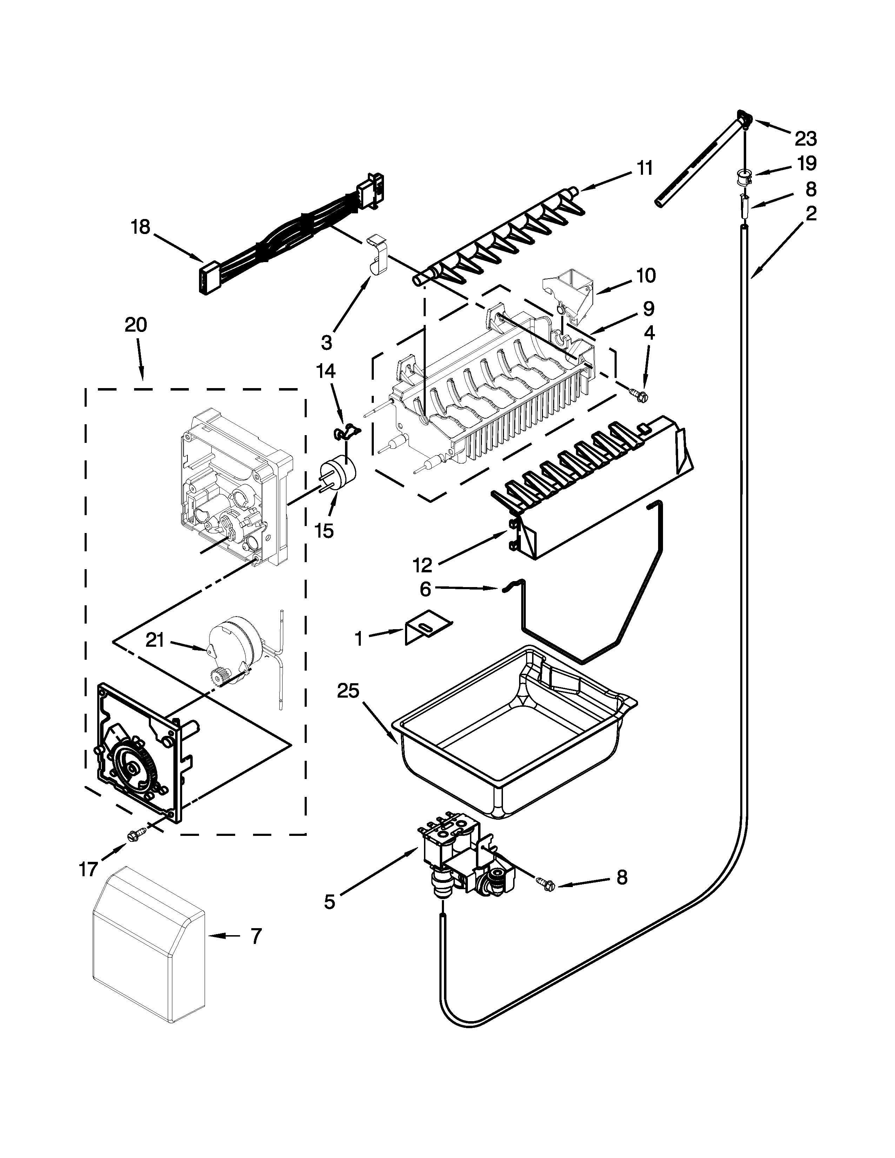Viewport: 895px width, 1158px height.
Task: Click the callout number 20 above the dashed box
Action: [x=136, y=325]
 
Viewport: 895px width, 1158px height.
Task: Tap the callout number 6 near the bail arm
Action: [x=425, y=589]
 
